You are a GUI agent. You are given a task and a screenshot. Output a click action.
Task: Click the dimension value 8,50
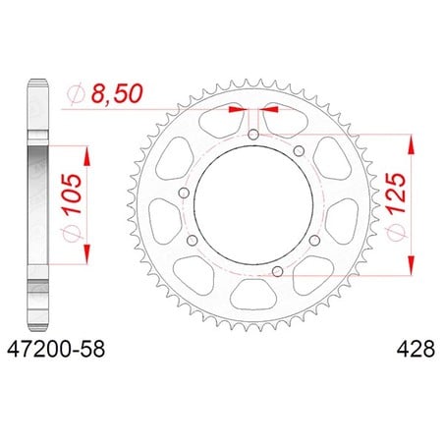pos(117,94)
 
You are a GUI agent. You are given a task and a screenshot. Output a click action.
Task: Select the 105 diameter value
pos(73,194)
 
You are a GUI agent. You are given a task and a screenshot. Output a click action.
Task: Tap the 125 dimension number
pos(397,194)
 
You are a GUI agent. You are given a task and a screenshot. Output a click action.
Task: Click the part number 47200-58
pos(56,349)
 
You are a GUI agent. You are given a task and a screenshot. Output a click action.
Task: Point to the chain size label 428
pos(416,349)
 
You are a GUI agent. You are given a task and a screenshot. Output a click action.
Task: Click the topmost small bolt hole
pos(253,135)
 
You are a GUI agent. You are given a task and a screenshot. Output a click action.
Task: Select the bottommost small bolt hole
pos(278,271)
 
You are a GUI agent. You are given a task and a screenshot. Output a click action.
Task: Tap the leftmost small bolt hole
pos(185,194)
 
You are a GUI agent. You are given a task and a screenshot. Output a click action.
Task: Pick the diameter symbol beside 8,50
pos(76,94)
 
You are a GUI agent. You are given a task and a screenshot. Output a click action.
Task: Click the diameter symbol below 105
pos(71,232)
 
